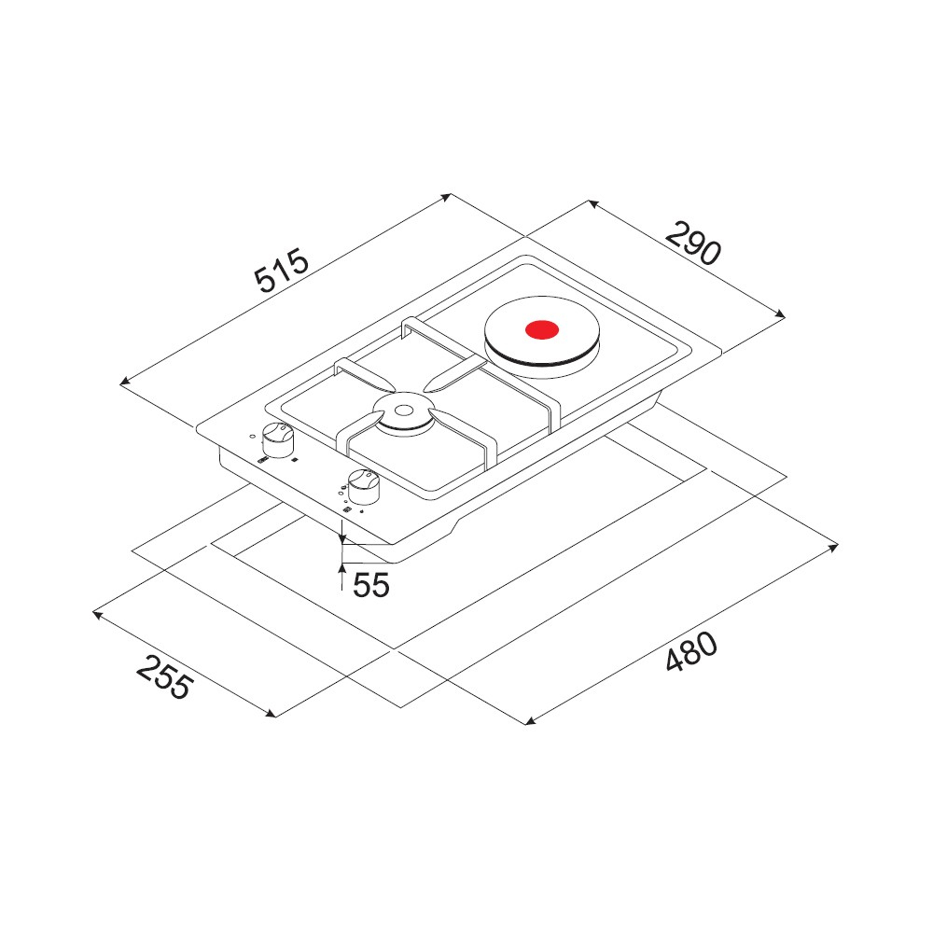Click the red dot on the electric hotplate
point(542,329)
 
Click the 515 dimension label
point(282,272)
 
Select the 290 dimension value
point(693,243)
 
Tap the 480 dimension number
point(691,651)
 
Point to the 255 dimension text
point(165,677)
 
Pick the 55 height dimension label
point(370,584)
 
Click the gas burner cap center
point(403,410)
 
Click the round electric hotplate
point(542,338)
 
